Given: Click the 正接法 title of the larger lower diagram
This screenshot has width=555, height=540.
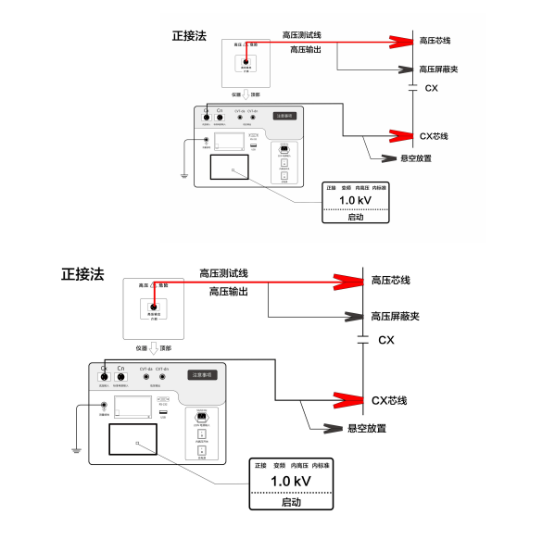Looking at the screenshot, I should click(82, 274).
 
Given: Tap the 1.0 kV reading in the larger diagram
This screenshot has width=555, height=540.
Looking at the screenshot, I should click(291, 482).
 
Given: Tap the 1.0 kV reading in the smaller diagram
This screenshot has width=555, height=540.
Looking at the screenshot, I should click(355, 200).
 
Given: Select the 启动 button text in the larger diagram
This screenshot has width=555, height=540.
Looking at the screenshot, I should click(291, 502).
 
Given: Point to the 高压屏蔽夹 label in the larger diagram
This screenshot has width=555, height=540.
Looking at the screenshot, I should click(396, 317).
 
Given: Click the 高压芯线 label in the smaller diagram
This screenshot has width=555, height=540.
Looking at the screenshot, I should click(434, 41).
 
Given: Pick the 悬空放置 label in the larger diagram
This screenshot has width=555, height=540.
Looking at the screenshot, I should click(367, 428).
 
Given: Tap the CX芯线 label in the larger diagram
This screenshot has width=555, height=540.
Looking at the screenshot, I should click(389, 400).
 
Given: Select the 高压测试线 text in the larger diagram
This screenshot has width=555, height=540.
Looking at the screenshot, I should click(223, 273).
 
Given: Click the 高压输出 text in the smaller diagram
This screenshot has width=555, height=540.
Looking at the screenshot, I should click(309, 49).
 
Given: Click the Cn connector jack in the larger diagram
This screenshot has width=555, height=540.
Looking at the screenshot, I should click(120, 378).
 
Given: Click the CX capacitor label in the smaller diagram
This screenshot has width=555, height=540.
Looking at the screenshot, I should click(431, 88).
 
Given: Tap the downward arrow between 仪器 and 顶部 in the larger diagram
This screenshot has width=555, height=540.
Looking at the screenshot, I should click(154, 349).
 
